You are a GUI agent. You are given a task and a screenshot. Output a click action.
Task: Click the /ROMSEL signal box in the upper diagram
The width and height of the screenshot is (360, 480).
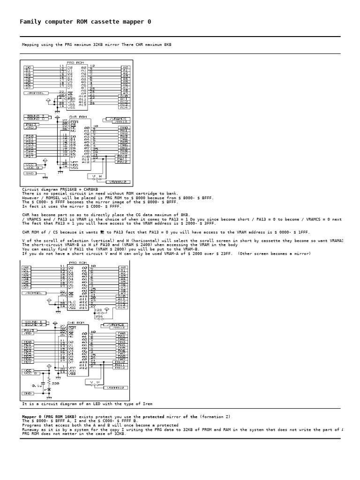(35, 93)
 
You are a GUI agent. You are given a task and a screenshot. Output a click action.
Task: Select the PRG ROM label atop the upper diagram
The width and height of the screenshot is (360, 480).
(76, 62)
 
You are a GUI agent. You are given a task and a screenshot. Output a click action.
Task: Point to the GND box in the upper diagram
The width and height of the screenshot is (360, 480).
(30, 173)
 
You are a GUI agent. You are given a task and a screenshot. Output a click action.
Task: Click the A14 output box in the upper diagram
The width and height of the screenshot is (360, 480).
(124, 107)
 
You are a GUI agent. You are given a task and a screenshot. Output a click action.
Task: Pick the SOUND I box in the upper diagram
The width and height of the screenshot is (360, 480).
(37, 115)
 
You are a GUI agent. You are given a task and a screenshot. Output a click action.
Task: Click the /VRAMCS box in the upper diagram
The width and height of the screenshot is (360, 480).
(115, 119)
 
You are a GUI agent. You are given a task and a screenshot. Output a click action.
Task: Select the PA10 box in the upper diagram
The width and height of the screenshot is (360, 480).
(123, 156)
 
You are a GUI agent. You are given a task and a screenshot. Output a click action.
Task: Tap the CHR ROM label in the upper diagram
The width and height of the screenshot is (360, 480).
(77, 117)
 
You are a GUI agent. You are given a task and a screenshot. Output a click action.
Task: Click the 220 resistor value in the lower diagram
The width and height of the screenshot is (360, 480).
(55, 383)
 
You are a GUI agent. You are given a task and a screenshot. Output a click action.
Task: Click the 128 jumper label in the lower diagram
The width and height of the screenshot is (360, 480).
(98, 310)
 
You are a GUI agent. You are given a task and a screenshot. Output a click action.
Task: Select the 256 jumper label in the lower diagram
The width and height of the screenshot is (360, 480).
(99, 317)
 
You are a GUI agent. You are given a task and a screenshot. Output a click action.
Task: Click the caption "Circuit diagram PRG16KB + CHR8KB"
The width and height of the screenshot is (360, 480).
(60, 189)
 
